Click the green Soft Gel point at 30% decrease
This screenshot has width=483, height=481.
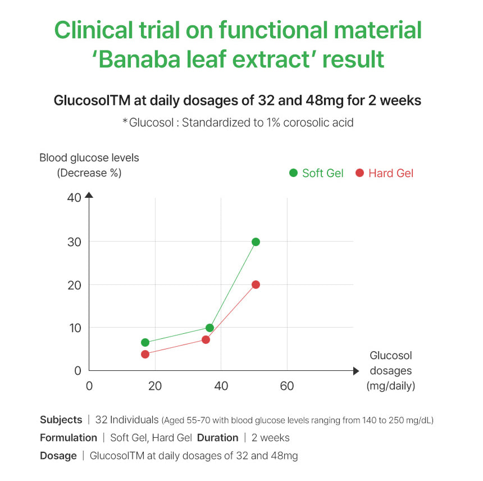[x=256, y=242]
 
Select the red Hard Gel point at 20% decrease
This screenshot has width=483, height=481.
[x=256, y=284]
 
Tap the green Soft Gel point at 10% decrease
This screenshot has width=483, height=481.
[x=209, y=328]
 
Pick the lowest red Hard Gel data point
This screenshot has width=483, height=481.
[x=145, y=354]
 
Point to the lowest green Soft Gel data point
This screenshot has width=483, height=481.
[x=145, y=342]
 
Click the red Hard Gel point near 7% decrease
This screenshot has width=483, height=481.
[x=206, y=339]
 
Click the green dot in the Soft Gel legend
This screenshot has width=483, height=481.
[x=293, y=173]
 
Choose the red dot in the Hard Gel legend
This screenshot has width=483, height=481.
[x=359, y=173]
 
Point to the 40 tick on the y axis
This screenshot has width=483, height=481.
[x=75, y=197]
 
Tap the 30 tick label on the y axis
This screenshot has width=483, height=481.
[x=75, y=242]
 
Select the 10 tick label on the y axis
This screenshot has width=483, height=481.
[x=75, y=328]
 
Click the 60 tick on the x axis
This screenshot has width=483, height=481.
[x=287, y=386]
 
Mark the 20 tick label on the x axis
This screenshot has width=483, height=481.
[x=154, y=386]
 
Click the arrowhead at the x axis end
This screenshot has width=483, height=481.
[x=356, y=371]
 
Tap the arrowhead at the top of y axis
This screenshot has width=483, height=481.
[x=89, y=195]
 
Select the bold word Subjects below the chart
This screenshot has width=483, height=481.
[x=61, y=420]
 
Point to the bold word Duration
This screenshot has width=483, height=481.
[x=217, y=437]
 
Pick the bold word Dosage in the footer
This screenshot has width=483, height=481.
[x=58, y=455]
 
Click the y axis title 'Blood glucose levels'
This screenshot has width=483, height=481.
[x=89, y=158]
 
